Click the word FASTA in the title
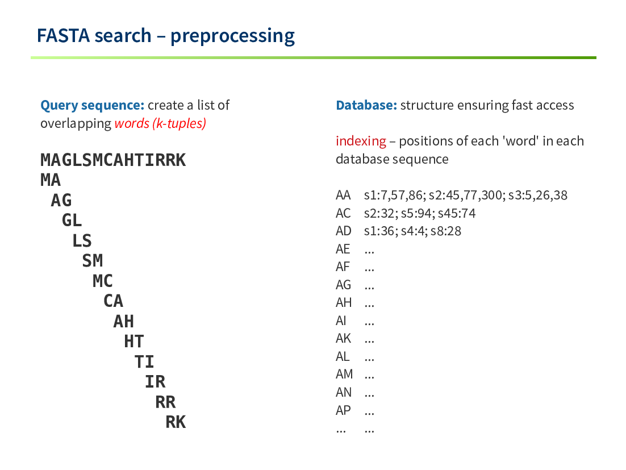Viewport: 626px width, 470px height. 63,36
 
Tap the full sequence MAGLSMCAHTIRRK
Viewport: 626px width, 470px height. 113,160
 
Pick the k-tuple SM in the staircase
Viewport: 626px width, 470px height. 93,261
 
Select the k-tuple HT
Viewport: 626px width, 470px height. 134,342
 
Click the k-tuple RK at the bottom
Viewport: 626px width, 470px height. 176,422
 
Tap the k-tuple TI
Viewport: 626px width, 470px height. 144,362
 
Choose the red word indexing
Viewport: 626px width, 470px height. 361,142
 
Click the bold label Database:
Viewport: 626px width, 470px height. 366,105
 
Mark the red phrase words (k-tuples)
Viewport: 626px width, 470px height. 160,123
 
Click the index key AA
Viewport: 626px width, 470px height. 343,196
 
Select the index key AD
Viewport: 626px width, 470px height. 343,231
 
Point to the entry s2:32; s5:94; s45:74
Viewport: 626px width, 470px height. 420,213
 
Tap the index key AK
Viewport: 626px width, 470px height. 343,339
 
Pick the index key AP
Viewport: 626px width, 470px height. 343,410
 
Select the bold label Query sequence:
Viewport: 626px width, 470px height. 92,106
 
